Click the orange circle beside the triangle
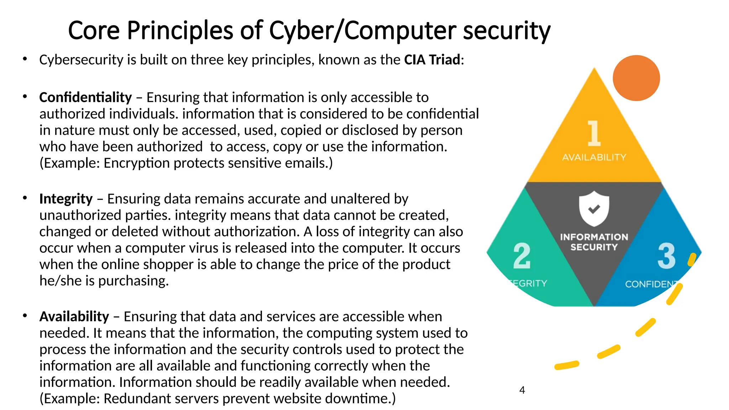coord(636,78)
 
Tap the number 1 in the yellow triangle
coord(593,133)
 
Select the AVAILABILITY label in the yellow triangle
coord(594,157)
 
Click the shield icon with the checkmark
coord(594,209)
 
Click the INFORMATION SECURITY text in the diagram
coord(594,242)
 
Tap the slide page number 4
coord(522,390)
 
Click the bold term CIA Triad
coord(432,60)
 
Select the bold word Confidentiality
coord(85,97)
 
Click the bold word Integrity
coord(66,199)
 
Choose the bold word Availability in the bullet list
coord(74,316)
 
